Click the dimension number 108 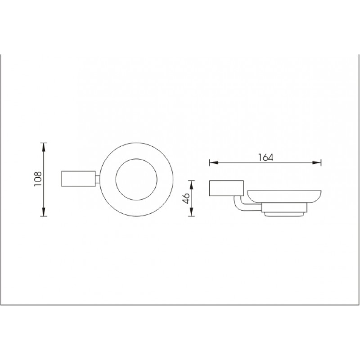38,179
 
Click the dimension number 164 266,157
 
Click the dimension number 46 186,198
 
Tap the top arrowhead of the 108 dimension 44,147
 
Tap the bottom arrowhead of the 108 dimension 44,212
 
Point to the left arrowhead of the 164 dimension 214,162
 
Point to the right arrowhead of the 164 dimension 317,162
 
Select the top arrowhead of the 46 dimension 192,185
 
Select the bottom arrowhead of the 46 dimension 192,212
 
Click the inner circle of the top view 137,159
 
